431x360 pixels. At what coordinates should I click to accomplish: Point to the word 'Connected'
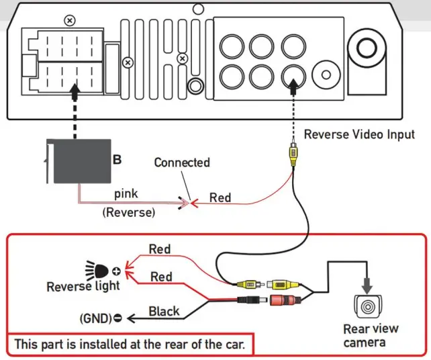pos(181,163)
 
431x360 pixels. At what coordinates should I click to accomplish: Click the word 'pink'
pos(127,193)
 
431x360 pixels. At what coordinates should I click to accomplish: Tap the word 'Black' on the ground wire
pos(164,311)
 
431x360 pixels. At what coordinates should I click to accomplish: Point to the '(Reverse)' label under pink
pos(128,212)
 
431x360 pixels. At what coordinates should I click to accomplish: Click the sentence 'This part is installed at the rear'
pos(131,345)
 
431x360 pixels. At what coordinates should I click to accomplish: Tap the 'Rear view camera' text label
pos(371,336)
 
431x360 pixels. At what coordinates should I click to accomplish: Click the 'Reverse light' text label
pos(83,287)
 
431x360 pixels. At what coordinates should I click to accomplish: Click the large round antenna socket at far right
pos(367,48)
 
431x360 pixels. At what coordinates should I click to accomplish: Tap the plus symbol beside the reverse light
pos(117,271)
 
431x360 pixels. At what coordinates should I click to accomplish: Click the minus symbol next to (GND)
pos(118,318)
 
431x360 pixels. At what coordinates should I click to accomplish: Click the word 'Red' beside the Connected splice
pos(220,197)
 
